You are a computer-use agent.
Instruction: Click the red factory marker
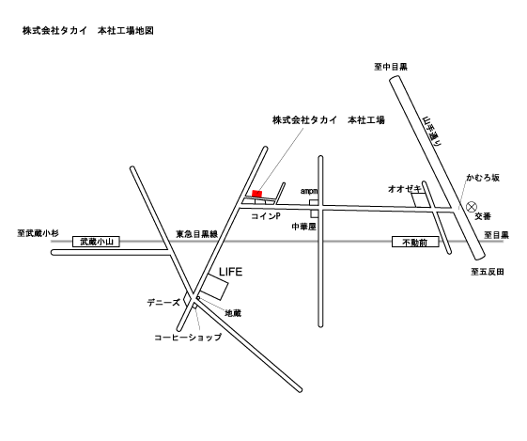[256, 194]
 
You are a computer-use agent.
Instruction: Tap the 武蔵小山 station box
[96, 242]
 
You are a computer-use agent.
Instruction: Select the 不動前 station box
[415, 242]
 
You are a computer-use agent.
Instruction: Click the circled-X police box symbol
[472, 206]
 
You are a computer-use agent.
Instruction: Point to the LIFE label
[230, 272]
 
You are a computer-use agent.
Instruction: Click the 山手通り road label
[432, 132]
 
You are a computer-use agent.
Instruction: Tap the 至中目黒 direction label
[391, 67]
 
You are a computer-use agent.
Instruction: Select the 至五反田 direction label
[488, 272]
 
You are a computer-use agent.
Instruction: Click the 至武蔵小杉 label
[38, 233]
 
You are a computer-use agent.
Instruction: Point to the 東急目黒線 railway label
[197, 234]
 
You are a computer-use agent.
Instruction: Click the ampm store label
[309, 191]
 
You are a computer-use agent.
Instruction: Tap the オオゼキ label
[405, 189]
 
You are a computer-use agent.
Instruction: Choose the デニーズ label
[163, 303]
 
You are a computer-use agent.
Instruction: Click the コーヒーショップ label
[188, 337]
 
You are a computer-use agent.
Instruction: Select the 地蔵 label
[233, 313]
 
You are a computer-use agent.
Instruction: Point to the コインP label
[266, 216]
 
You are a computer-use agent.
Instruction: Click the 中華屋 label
[303, 227]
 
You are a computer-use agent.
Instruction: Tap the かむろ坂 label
[483, 178]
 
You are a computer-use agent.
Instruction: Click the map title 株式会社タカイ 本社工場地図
[88, 31]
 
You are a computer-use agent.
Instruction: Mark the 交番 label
[483, 216]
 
